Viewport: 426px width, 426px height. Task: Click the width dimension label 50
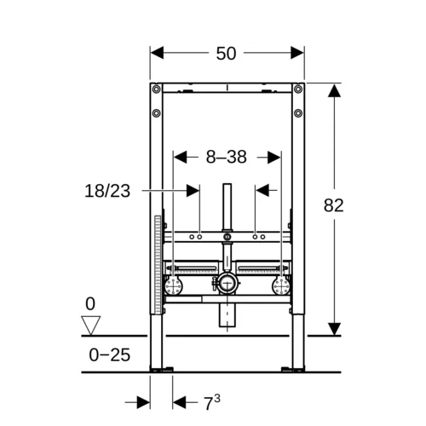(226, 54)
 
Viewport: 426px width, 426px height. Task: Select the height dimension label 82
(334, 205)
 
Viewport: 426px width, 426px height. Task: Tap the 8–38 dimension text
(227, 157)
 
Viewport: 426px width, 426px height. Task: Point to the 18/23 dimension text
(107, 191)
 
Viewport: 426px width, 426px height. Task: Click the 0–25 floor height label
(110, 354)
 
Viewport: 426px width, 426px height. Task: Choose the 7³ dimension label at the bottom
(212, 402)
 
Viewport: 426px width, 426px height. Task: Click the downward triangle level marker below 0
(90, 325)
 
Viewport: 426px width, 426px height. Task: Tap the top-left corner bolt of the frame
(156, 89)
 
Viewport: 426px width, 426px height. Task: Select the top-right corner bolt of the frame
(298, 89)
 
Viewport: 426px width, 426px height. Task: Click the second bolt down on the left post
(156, 113)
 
